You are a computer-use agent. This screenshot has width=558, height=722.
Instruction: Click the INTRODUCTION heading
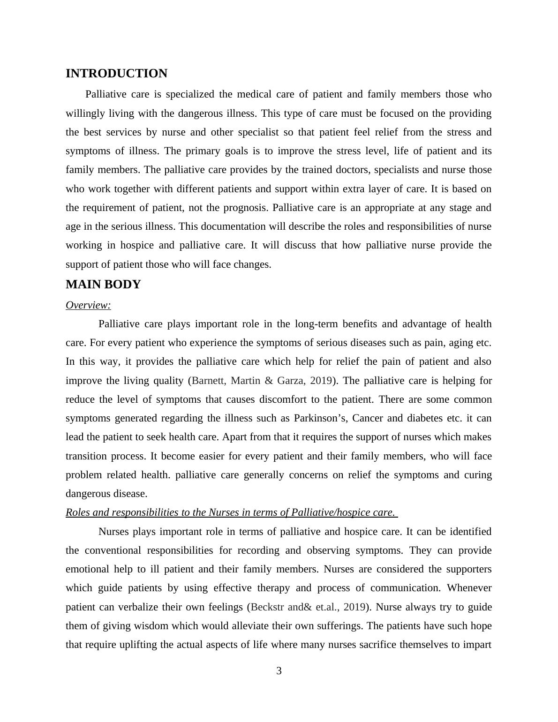click(x=116, y=74)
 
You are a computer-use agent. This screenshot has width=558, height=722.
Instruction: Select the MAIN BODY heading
click(x=103, y=285)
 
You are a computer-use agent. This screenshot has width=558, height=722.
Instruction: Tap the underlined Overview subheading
click(x=88, y=305)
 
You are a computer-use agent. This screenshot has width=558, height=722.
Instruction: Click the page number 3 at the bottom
click(x=279, y=671)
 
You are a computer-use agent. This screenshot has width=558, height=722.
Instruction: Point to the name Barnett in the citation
click(x=209, y=381)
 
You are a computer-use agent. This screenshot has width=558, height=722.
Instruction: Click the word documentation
click(x=222, y=226)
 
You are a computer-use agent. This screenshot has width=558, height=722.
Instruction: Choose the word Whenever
click(x=469, y=588)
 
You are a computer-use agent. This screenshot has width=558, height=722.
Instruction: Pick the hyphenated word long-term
click(x=317, y=324)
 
